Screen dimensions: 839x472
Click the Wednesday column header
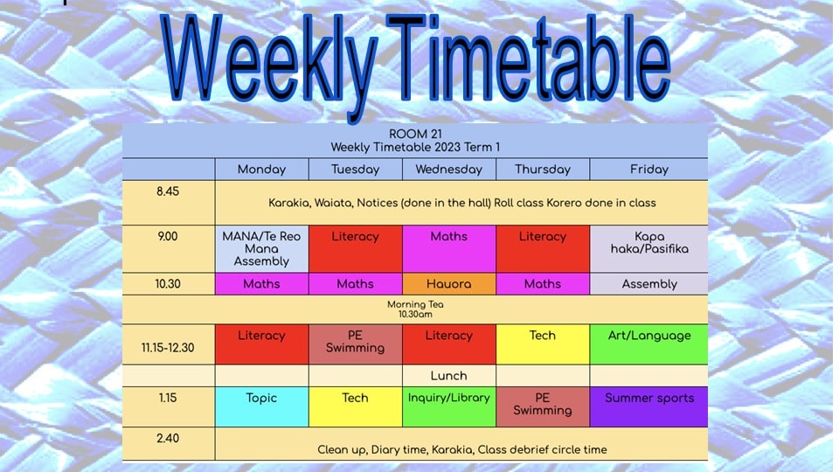pos(449,170)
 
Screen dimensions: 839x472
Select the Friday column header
pos(649,170)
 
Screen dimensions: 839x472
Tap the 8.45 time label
pos(168,191)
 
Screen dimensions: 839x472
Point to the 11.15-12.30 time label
pos(168,348)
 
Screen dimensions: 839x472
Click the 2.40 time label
pos(168,438)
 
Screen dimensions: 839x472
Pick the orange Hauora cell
pos(449,284)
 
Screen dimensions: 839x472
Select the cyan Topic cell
pos(261,406)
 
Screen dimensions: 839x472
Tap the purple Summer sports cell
pos(649,406)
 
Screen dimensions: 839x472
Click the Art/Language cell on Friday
pos(649,344)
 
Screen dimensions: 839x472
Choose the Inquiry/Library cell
pos(449,406)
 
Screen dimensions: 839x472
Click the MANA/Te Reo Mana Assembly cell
pos(261,249)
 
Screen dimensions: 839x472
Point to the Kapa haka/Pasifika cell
pos(649,249)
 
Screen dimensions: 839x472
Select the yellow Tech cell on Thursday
pos(543,344)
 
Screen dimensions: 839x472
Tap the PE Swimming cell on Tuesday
pos(356,344)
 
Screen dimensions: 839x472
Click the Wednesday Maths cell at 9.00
pos(449,249)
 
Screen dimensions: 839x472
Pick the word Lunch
pos(448,376)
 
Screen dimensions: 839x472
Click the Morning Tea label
pos(415,304)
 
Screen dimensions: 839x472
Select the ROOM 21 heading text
pos(415,135)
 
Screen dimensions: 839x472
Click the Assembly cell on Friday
pos(649,284)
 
